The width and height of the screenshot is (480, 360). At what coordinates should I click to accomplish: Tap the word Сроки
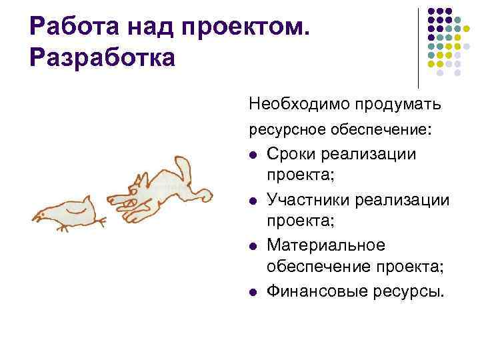[291, 154]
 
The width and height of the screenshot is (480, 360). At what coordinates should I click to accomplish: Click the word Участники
[305, 199]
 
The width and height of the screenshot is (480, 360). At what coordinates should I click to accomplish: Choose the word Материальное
[326, 245]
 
